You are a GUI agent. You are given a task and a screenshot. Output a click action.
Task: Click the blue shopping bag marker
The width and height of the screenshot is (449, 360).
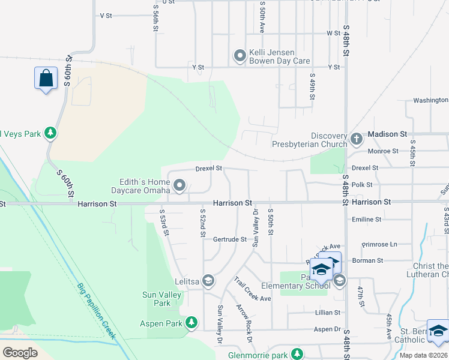click(46, 79)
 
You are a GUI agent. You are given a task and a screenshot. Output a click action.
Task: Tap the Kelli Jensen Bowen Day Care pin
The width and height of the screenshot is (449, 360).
click(240, 56)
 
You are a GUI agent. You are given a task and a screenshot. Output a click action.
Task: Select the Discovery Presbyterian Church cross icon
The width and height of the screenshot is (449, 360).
click(357, 139)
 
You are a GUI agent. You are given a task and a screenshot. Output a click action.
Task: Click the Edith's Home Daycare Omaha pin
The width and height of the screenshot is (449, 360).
click(179, 187)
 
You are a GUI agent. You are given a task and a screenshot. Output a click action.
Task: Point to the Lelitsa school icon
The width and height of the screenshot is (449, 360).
click(208, 281)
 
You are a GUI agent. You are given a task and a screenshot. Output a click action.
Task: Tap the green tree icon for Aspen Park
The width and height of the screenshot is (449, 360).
click(191, 323)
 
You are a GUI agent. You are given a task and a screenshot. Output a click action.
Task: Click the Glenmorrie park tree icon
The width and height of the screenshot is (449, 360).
click(297, 354)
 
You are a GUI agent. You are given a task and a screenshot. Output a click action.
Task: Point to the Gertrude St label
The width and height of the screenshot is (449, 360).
click(230, 239)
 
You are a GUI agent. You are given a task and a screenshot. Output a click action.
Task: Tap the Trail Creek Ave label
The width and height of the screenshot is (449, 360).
click(253, 289)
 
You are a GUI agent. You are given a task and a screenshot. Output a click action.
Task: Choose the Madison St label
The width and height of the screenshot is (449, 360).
click(387, 134)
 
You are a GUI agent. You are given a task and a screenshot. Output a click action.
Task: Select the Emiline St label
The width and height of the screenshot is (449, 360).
click(366, 220)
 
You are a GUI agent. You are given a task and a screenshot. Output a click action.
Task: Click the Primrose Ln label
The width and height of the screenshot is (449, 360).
click(379, 245)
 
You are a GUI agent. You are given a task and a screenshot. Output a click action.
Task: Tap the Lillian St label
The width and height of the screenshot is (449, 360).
click(328, 313)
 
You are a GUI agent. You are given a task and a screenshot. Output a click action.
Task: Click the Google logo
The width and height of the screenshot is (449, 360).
click(20, 353)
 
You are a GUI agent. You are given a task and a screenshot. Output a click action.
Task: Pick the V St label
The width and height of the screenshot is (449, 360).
click(106, 16)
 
